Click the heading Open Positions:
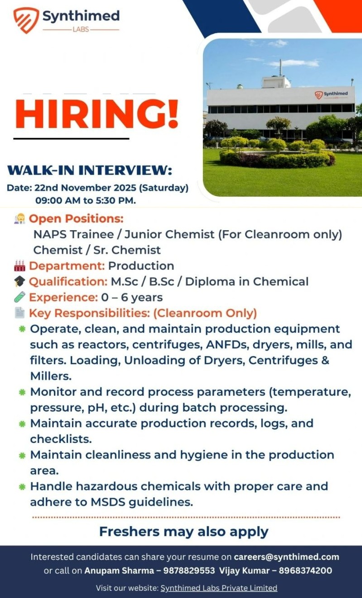[76, 218]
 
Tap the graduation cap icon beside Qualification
[19, 282]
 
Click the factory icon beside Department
[19, 266]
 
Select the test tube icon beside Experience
[19, 297]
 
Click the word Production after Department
[141, 266]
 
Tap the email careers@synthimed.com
[286, 557]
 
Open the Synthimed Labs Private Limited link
[219, 588]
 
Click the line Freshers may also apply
[183, 531]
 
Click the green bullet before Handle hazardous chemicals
[22, 487]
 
